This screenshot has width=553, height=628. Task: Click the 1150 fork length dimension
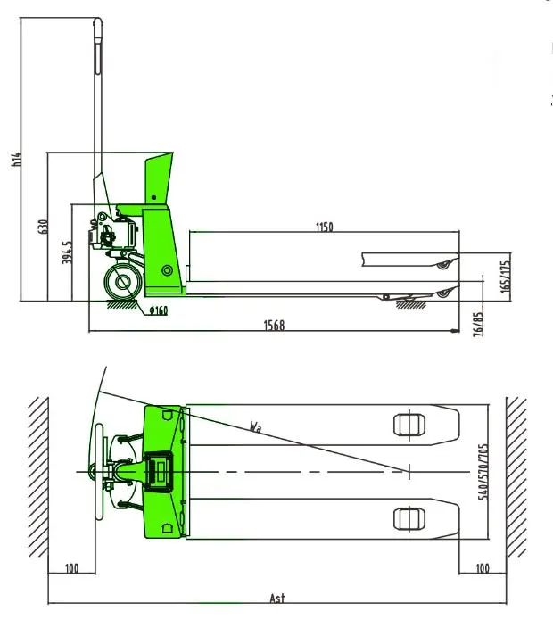coord(324,227)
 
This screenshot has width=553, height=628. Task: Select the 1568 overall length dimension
coord(275,326)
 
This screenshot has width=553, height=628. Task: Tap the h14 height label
coord(15,160)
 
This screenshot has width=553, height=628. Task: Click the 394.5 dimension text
coord(67,253)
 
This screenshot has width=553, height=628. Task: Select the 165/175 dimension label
coord(506,277)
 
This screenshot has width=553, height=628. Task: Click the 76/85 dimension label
coord(479,323)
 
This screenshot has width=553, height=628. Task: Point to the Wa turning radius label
coord(255,426)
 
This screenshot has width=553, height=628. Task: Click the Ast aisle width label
coord(277,598)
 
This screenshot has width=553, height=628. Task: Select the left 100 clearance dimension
coord(70,568)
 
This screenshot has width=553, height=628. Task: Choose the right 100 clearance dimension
coord(483,568)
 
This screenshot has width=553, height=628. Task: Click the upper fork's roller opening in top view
coord(406,423)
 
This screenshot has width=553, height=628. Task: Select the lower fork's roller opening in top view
coord(406,516)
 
